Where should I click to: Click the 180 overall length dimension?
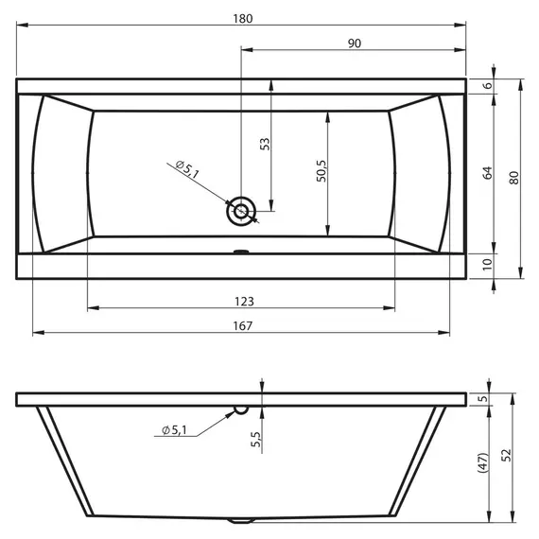pos(243,19)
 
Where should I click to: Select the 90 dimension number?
pos(355,43)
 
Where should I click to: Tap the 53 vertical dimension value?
pos(265,144)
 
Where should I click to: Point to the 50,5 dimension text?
pos(322,171)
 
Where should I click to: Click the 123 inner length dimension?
pos(244,302)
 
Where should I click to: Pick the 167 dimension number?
pos(243,326)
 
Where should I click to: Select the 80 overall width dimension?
pos(513,178)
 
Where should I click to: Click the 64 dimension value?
pos(487,173)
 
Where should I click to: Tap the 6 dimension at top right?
pos(488,85)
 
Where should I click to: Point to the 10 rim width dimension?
pos(487,264)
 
